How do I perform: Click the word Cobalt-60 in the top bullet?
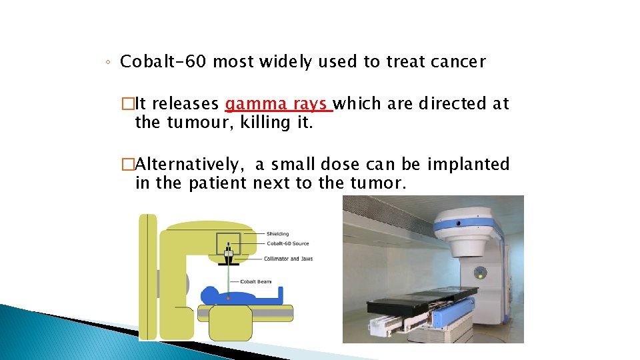[x=163, y=62]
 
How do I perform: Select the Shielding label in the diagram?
[x=277, y=234]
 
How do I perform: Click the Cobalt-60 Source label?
[x=287, y=243]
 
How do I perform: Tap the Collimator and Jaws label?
[x=289, y=259]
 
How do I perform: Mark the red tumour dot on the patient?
[x=227, y=298]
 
